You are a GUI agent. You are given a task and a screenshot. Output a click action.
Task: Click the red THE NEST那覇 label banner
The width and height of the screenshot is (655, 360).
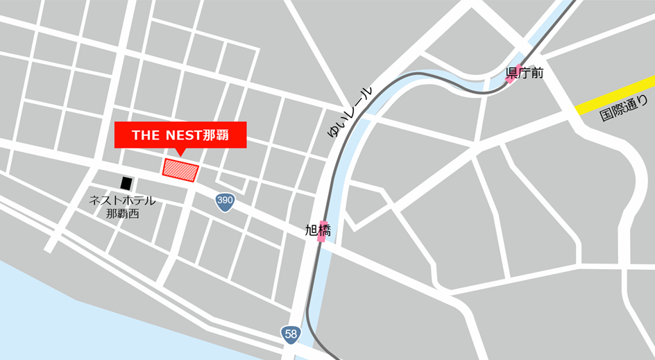(180, 135)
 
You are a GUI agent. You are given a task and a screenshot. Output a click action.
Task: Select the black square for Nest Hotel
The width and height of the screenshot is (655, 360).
(126, 183)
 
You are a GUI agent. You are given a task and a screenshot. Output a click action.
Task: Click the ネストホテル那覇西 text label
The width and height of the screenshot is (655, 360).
(123, 207)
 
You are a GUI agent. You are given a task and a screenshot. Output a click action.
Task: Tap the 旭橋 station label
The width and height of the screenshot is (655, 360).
(318, 230)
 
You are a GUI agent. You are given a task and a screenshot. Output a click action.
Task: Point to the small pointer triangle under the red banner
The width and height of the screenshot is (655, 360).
(180, 152)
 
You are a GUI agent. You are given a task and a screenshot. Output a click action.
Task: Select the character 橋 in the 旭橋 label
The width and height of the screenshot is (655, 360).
(324, 230)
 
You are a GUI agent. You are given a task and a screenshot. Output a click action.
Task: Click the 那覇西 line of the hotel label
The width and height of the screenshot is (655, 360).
(123, 214)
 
